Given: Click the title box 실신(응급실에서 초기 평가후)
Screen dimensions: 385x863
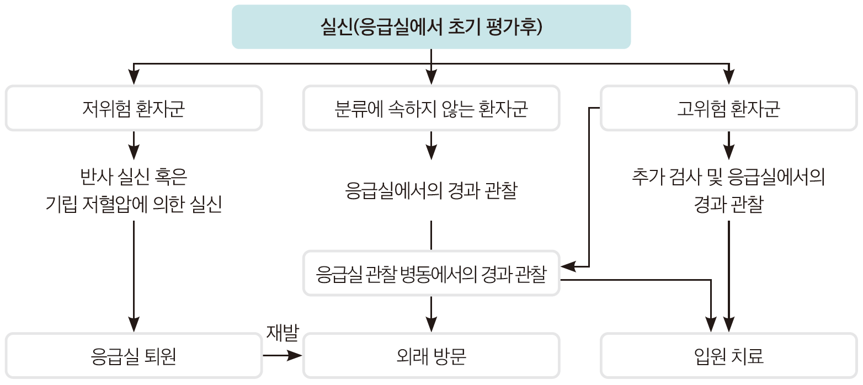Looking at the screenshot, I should click(x=431, y=27).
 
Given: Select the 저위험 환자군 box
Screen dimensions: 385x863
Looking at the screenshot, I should click(x=134, y=108).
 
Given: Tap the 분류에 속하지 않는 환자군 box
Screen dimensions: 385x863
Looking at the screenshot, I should click(x=431, y=108).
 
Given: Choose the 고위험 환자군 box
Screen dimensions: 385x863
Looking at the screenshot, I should click(x=728, y=108).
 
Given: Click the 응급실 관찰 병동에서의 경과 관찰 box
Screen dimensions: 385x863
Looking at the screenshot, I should click(x=431, y=274).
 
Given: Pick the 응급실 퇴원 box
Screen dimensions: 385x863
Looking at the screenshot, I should click(x=134, y=356).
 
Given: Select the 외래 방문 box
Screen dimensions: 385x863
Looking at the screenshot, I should click(x=431, y=356).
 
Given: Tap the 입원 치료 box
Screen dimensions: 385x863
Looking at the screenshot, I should click(x=728, y=356).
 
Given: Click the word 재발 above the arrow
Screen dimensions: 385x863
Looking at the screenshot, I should click(x=282, y=333).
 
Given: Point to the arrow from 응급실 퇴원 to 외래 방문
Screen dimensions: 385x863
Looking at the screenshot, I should click(x=283, y=356).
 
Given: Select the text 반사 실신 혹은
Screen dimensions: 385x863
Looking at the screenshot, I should click(x=134, y=178).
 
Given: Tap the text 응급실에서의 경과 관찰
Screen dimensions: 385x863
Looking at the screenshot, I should click(x=431, y=191).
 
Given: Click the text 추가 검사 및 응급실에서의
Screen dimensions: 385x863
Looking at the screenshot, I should click(x=728, y=178).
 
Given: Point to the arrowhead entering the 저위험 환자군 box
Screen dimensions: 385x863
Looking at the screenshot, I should click(x=134, y=77).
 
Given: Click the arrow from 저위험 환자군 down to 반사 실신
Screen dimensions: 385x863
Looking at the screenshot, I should click(x=134, y=146).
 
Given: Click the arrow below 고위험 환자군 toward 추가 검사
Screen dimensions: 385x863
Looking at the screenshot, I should click(x=728, y=146).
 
